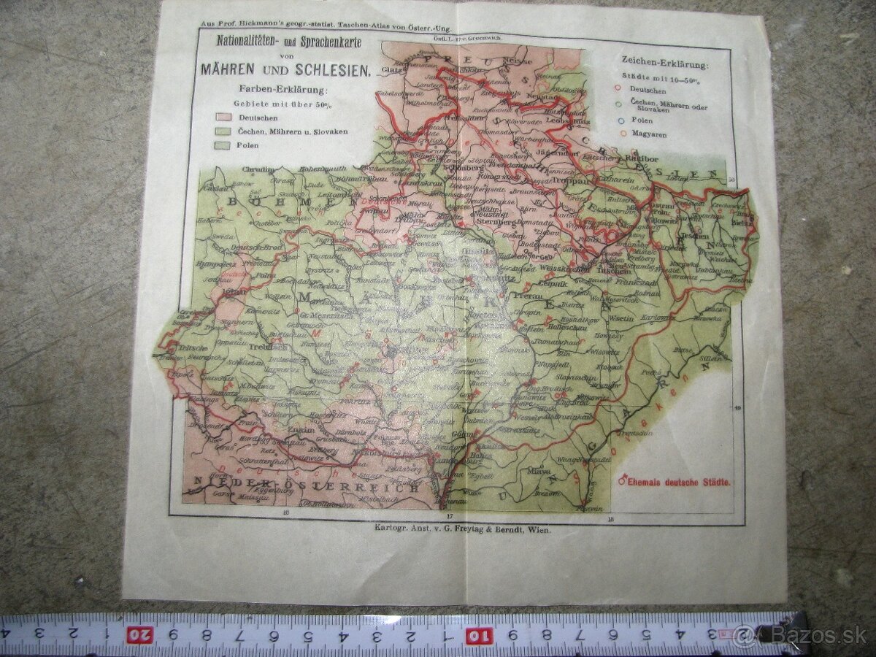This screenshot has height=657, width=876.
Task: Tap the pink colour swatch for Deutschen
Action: tap(223, 118)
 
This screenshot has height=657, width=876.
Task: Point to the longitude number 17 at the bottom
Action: tap(450, 517)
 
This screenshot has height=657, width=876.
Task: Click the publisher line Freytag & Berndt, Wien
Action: tap(462, 531)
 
